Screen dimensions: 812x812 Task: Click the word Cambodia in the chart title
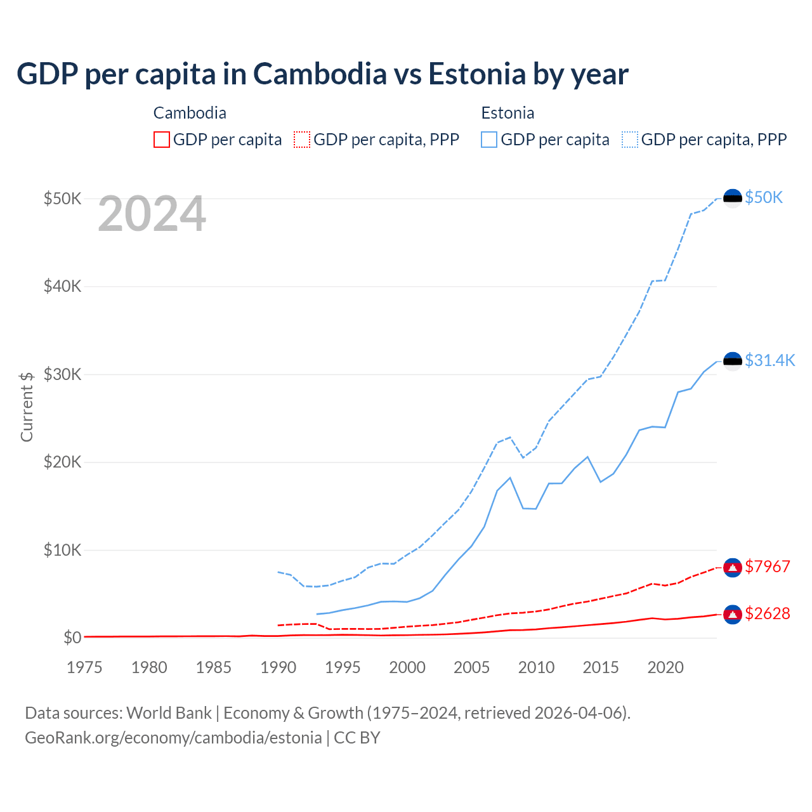[320, 74]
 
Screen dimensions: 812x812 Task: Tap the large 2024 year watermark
[152, 214]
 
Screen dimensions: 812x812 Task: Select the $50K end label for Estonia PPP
[764, 197]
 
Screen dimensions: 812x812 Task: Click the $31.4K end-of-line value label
[769, 360]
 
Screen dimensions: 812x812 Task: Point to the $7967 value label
[768, 566]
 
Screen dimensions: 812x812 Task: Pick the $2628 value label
[768, 613]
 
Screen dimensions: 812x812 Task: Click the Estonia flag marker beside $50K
[733, 199]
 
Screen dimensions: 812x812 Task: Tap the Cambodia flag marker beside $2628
[733, 614]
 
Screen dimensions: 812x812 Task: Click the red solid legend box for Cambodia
[162, 140]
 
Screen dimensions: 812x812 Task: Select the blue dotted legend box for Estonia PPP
[630, 140]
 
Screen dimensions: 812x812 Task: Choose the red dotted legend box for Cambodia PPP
[302, 140]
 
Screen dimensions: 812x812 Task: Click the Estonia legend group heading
[507, 113]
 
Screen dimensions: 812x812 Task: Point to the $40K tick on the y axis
[63, 286]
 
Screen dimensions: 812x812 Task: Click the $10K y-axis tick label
[63, 550]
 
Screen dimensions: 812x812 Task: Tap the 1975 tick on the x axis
[84, 667]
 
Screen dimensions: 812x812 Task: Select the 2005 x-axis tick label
[471, 667]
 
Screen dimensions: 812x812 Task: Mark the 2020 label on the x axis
[665, 667]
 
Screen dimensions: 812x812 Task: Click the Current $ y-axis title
[27, 406]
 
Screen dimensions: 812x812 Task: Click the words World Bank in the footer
[169, 713]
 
